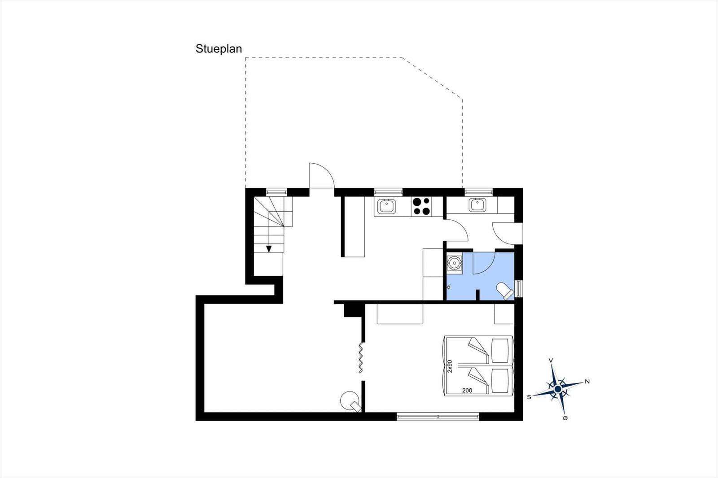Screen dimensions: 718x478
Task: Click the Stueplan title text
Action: click(x=219, y=49)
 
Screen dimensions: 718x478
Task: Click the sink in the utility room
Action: click(x=477, y=205)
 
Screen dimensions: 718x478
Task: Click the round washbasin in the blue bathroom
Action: click(x=455, y=263)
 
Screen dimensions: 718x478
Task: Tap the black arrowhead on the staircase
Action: click(x=269, y=249)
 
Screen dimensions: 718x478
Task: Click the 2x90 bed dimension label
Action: click(x=450, y=366)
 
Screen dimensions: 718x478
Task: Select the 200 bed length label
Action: click(x=467, y=391)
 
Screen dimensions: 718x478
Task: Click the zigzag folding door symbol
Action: click(x=361, y=357)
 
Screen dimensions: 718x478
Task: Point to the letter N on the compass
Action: click(x=587, y=382)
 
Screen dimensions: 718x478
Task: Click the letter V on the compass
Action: click(x=551, y=361)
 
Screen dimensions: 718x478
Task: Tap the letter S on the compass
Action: click(x=529, y=397)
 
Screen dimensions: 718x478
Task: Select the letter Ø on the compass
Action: click(x=565, y=418)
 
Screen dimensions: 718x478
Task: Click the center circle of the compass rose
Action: click(x=558, y=389)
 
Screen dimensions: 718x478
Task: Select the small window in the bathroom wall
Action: click(x=518, y=289)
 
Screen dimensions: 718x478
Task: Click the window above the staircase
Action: click(x=276, y=192)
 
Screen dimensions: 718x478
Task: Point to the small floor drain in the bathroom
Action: click(x=448, y=287)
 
